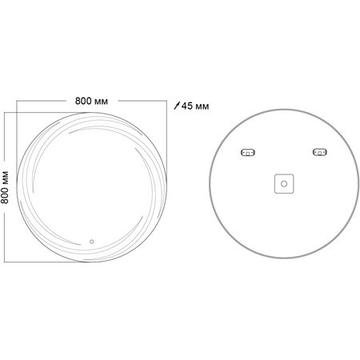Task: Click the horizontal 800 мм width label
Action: [x=91, y=102]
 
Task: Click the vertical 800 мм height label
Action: [x=5, y=187]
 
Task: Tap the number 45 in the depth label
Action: [x=187, y=106]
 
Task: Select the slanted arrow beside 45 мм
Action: [x=177, y=106]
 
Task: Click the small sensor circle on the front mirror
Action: [x=91, y=242]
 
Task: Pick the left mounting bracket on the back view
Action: [x=248, y=152]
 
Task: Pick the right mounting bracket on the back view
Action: [x=320, y=152]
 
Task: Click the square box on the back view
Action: [x=284, y=184]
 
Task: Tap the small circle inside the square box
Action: [x=284, y=184]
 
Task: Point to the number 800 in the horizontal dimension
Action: [x=83, y=102]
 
